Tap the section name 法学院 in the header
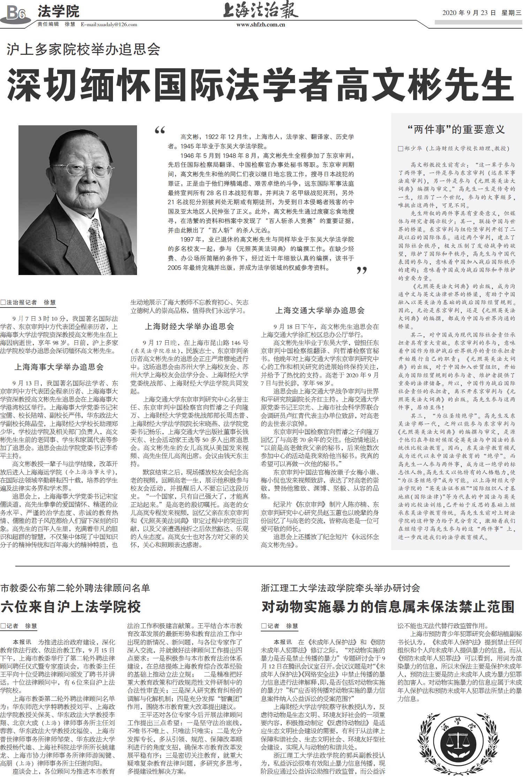[58, 12]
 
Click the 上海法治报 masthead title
[260, 10]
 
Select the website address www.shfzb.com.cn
[260, 24]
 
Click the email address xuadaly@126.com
[109, 24]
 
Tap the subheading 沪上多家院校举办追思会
[83, 50]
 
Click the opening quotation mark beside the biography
[160, 131]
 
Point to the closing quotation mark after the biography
[362, 270]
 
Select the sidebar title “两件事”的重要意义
[456, 130]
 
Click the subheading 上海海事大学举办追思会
[59, 367]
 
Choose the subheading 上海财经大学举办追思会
[189, 326]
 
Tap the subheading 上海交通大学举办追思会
[320, 310]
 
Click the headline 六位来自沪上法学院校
[71, 607]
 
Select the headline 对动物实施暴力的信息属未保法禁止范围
[388, 607]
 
